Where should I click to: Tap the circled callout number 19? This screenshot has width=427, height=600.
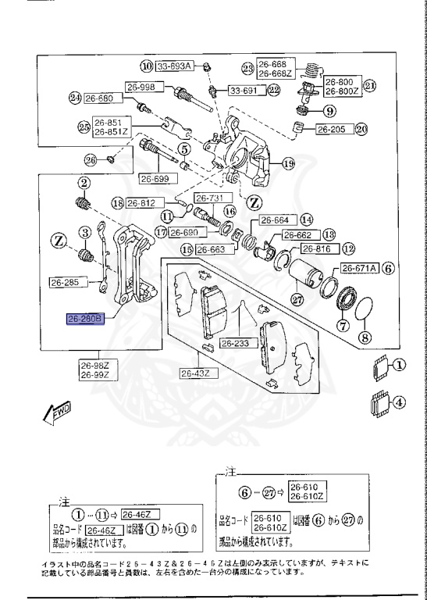(288, 164)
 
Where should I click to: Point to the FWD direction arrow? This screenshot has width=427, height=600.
(59, 412)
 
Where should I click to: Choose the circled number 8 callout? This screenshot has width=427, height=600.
(364, 338)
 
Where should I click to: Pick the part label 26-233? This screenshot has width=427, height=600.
(236, 343)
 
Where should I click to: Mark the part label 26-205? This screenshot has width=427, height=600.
(332, 130)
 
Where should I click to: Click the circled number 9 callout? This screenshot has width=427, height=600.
(326, 110)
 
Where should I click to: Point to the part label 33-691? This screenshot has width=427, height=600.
(244, 91)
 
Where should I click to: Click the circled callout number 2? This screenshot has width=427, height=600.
(82, 183)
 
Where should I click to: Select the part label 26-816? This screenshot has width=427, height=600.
(316, 249)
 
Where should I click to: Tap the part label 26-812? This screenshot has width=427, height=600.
(141, 203)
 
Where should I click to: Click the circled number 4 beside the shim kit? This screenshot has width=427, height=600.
(400, 404)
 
